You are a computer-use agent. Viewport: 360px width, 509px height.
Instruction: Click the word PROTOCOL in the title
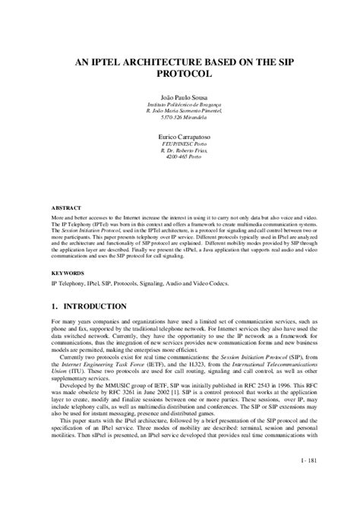(180, 76)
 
